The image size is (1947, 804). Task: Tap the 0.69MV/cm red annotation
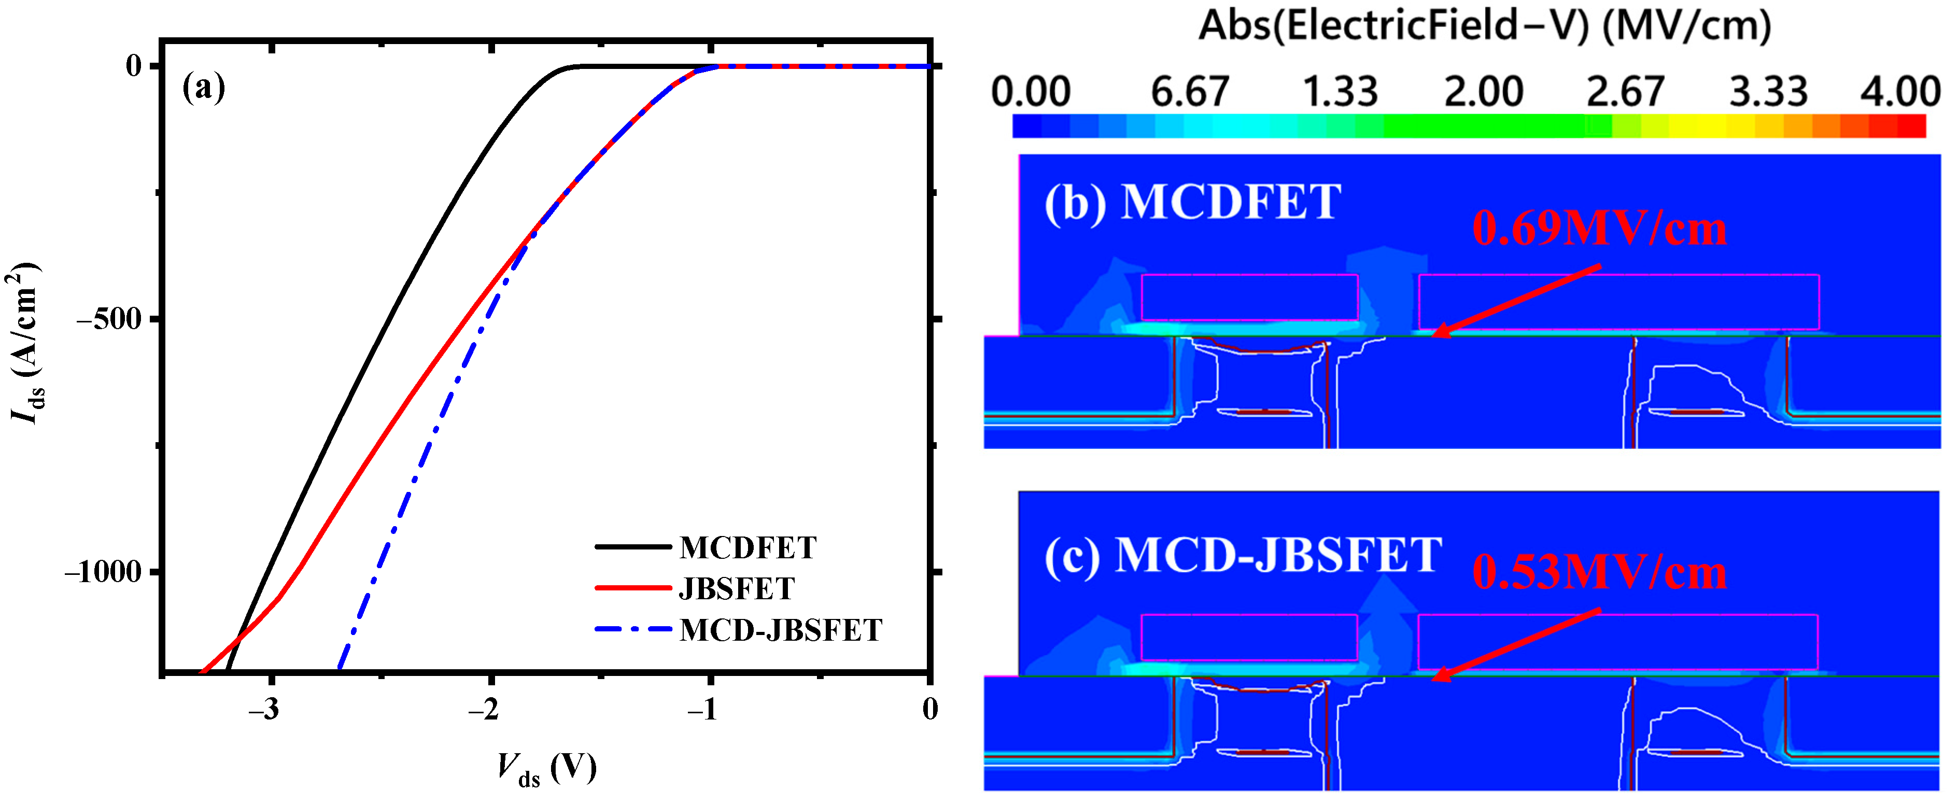1599,228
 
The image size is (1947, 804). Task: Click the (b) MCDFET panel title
1192,203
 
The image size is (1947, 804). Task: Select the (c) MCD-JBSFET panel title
1243,555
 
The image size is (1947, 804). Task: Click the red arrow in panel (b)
1515,300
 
